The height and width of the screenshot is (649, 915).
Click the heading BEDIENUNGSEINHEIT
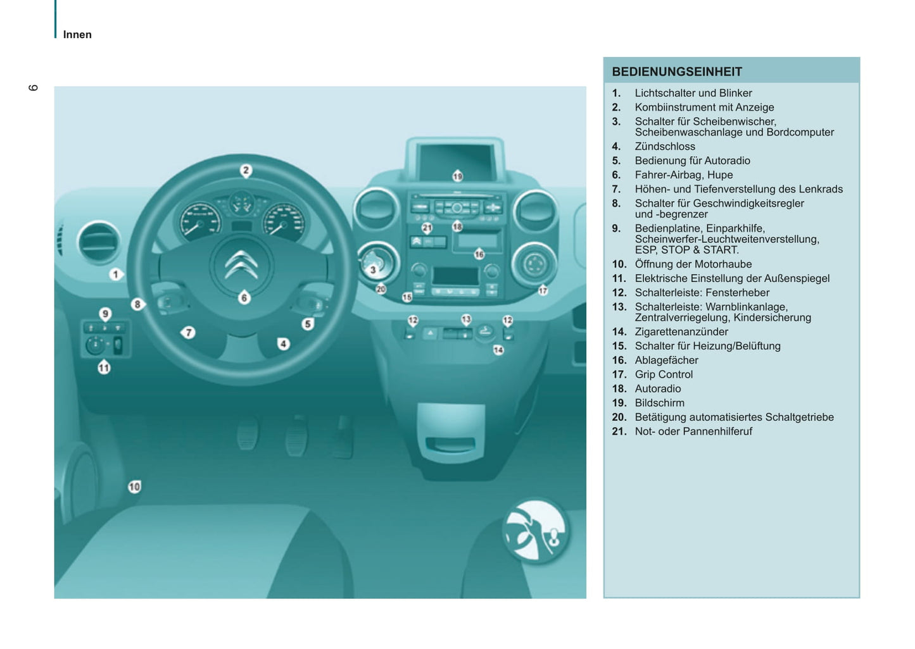tap(677, 72)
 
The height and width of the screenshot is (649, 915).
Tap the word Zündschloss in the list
tap(665, 146)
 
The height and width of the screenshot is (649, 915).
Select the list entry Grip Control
tap(664, 374)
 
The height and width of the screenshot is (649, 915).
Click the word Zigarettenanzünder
tap(681, 331)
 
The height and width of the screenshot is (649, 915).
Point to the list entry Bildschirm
tap(659, 403)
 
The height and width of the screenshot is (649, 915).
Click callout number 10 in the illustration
tap(134, 486)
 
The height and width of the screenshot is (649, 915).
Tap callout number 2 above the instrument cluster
tap(246, 171)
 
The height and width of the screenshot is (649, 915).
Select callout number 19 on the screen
tap(457, 176)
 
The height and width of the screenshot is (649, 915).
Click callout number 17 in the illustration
tap(543, 290)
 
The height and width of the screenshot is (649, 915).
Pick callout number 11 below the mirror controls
tap(104, 368)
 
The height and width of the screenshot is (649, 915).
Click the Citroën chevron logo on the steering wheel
tap(241, 265)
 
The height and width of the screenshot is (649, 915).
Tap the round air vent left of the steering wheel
tap(98, 242)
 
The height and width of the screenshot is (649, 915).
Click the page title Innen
tap(77, 35)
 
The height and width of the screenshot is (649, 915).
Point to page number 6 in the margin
tap(33, 88)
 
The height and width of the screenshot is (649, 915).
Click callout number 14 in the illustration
tap(498, 350)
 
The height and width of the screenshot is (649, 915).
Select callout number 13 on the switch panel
tap(466, 319)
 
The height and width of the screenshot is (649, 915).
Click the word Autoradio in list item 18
tap(658, 388)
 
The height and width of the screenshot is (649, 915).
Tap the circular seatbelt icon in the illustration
tap(535, 530)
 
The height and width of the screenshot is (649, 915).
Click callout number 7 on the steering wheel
tap(188, 333)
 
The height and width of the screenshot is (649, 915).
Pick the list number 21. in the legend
tap(619, 431)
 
